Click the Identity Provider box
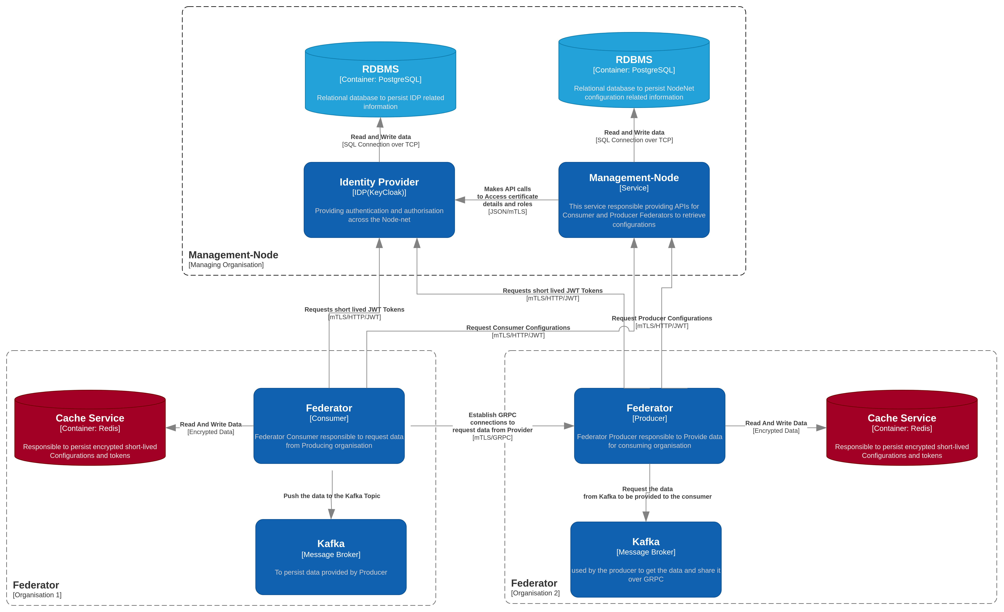[379, 200]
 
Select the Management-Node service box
[634, 200]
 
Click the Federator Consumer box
[329, 426]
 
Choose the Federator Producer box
[649, 426]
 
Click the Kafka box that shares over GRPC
[646, 559]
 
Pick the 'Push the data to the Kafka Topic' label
[332, 496]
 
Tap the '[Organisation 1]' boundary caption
[37, 595]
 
